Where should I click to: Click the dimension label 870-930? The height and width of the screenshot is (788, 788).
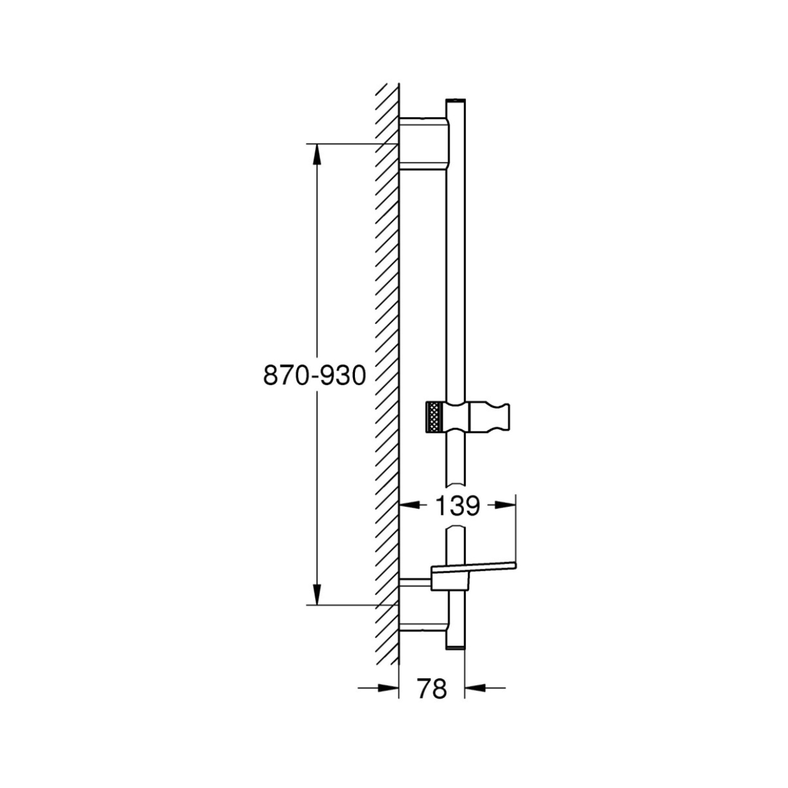click(x=314, y=375)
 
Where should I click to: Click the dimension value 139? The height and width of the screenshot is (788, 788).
click(x=457, y=506)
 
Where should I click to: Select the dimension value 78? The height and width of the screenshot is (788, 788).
click(x=432, y=688)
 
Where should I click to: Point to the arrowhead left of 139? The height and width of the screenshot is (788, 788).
click(x=410, y=506)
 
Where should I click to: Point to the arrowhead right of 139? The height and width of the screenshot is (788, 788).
click(x=504, y=506)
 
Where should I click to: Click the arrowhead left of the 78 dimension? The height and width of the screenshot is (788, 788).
click(x=388, y=688)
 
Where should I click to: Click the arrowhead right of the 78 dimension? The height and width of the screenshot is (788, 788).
click(x=475, y=688)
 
